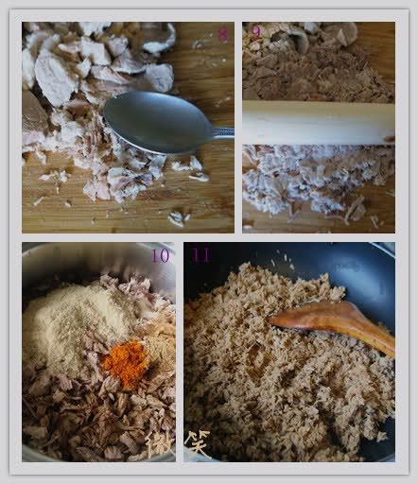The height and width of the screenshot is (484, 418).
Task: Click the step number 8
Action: pos(222,36)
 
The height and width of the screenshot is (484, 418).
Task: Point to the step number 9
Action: pos(255,32)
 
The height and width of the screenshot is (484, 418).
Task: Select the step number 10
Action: pos(160,255)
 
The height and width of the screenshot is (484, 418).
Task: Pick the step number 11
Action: pos(200,255)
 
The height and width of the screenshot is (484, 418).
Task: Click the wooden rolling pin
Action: pos(317,122)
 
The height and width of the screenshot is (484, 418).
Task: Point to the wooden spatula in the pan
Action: pos(331,318)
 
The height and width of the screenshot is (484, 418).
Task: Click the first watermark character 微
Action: pos(161,444)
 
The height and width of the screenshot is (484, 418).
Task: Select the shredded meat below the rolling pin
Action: pos(303,180)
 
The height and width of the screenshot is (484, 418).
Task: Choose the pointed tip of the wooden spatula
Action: pos(273,319)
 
